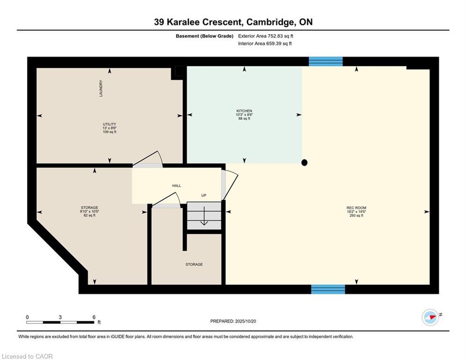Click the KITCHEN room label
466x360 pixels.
[x=244, y=111]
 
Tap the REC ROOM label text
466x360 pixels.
[x=356, y=208]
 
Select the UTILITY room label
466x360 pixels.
[x=110, y=124]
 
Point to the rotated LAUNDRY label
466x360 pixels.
[x=101, y=89]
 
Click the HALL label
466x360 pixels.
[x=177, y=186]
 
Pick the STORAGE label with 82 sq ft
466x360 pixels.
[x=89, y=208]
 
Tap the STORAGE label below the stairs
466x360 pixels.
[x=194, y=264]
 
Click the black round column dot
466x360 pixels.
[x=304, y=163]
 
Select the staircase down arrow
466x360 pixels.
[x=204, y=216]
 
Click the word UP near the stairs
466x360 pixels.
[x=204, y=195]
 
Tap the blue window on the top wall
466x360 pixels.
[x=325, y=61]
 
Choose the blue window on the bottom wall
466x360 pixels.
[x=328, y=289]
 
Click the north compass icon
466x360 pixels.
[x=430, y=317]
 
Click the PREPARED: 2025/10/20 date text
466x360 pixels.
[x=233, y=321]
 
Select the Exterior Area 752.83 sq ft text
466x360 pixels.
[x=266, y=36]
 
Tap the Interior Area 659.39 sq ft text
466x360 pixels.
[x=265, y=44]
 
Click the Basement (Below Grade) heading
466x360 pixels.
[x=205, y=36]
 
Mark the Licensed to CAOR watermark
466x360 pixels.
[x=27, y=356]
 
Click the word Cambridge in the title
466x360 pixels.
[x=269, y=22]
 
